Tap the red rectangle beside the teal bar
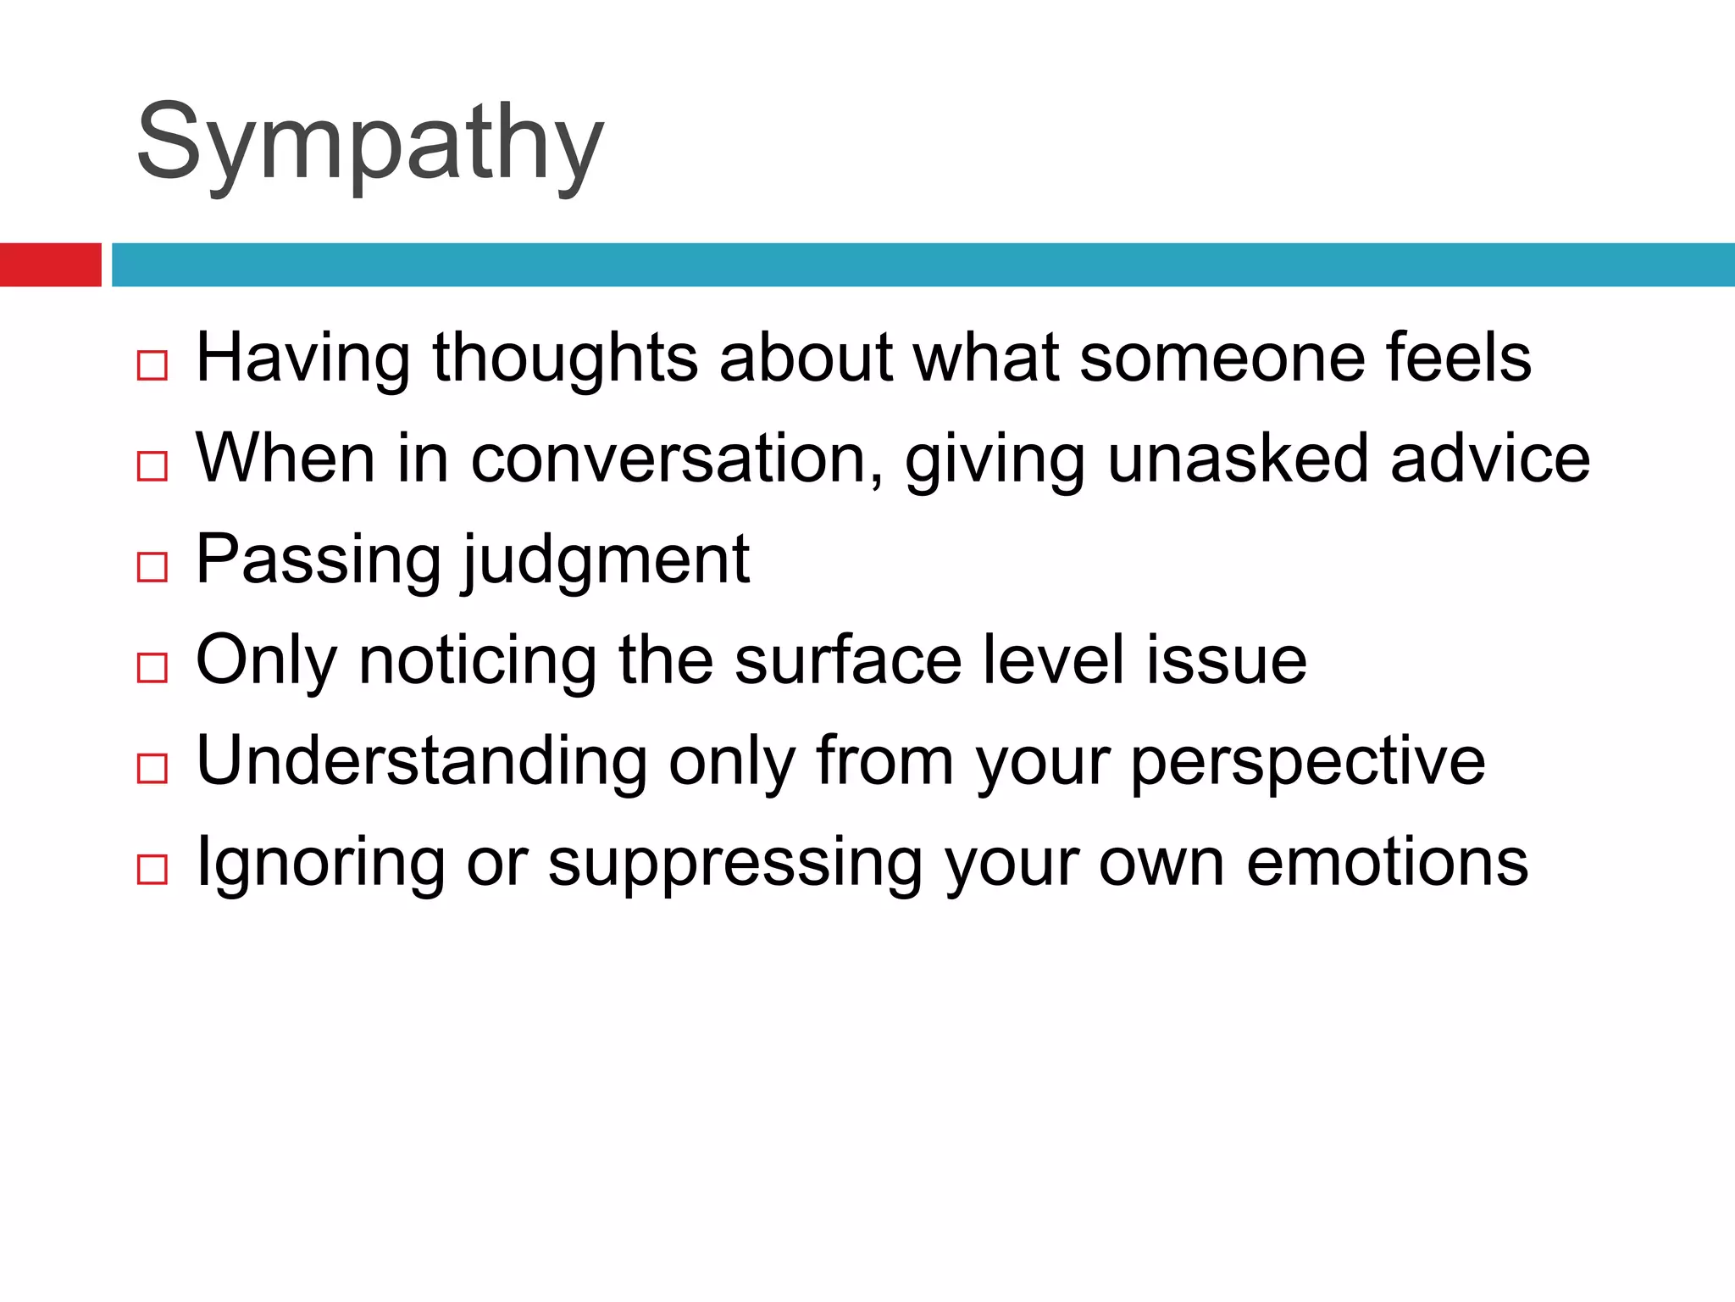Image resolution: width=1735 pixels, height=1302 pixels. [x=50, y=264]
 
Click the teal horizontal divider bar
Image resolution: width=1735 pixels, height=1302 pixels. [x=923, y=264]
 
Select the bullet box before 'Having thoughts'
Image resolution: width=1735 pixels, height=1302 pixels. [x=152, y=365]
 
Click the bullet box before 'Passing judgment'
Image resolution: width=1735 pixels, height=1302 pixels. [x=152, y=567]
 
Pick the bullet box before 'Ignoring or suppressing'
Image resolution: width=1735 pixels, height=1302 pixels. [x=152, y=870]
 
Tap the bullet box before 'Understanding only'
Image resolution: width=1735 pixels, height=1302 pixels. [x=152, y=769]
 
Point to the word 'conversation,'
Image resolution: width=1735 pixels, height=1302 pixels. [x=677, y=459]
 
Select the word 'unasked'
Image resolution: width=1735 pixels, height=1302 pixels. [x=1238, y=459]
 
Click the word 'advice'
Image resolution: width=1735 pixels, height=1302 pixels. [x=1490, y=459]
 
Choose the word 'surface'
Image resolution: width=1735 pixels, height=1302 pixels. [x=848, y=660]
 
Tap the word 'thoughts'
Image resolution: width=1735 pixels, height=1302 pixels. [x=566, y=358]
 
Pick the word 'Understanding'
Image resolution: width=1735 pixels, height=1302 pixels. [x=421, y=761]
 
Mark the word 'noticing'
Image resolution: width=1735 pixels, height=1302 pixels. [x=478, y=660]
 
